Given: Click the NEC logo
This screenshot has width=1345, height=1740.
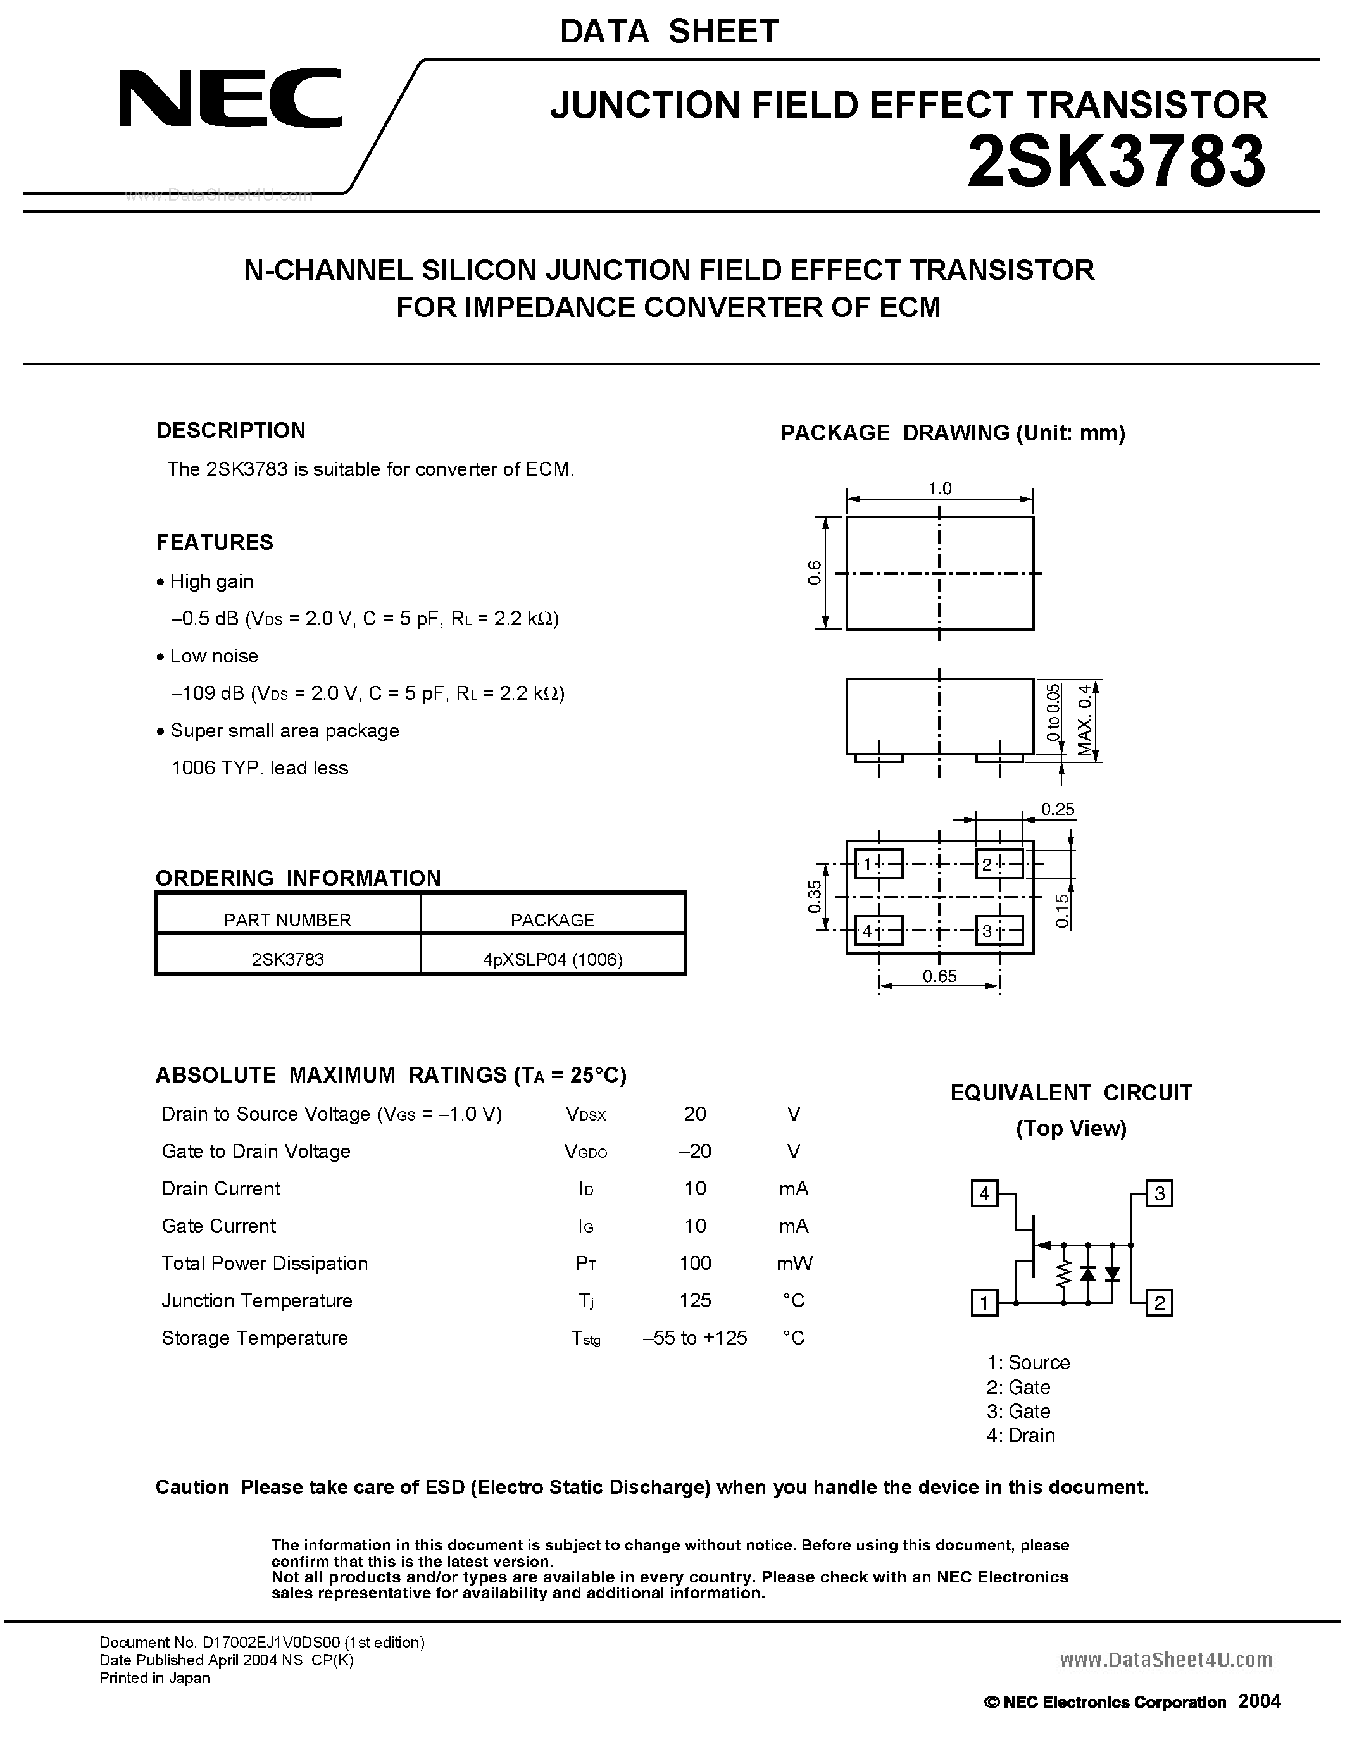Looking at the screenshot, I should point(230,99).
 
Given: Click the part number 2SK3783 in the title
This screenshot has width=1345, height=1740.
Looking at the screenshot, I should point(1115,162).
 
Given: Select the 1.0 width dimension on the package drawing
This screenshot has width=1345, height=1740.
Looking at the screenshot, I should point(939,488).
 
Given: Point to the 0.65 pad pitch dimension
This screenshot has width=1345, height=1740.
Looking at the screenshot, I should point(939,976).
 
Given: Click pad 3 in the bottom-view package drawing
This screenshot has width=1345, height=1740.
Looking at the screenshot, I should point(998,931).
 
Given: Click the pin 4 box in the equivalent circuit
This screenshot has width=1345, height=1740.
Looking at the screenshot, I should point(985,1193).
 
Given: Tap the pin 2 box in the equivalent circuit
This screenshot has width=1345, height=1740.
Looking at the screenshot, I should point(1160,1303).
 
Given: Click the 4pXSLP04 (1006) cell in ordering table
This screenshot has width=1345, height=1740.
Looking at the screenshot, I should point(552,959).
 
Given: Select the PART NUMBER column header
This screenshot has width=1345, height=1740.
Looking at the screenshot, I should point(287,919).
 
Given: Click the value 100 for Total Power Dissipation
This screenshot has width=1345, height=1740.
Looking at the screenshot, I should point(695,1264).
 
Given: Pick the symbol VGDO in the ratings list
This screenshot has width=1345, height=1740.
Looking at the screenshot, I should point(585,1152).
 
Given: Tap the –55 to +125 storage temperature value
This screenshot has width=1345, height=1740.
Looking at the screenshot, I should point(695,1338).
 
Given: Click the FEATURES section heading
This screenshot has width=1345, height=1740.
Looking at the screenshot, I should point(215,542).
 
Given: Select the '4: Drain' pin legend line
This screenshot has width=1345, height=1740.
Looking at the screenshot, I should point(1020,1436).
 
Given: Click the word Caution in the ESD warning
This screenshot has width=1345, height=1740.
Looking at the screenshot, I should point(192,1488).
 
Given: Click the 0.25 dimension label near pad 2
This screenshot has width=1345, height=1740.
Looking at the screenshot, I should point(1058,809).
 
